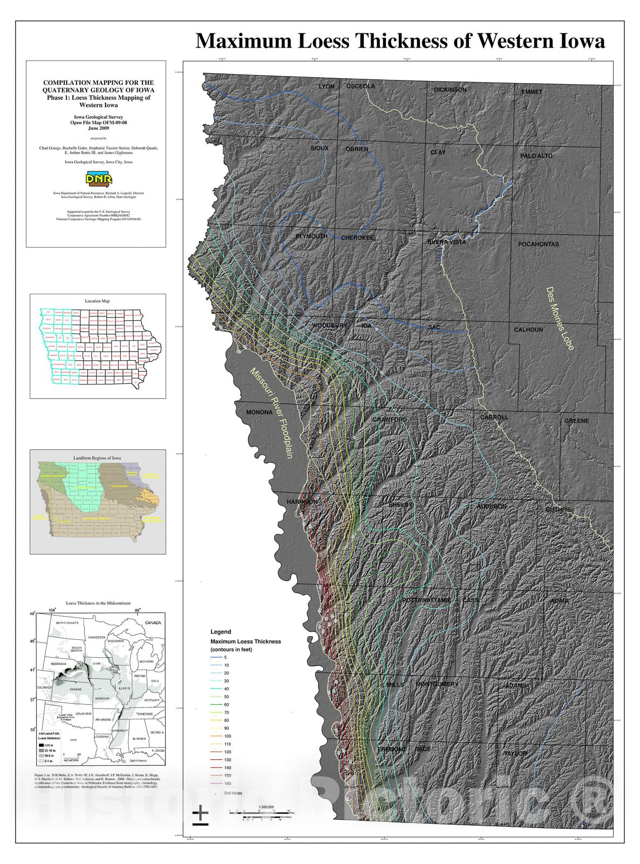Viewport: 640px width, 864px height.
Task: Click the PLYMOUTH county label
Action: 311,237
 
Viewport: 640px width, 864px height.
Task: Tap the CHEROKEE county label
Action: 357,238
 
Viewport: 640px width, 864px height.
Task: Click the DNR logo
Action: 96,179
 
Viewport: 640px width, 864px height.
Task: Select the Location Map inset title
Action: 98,301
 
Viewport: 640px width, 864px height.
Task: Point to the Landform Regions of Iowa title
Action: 97,457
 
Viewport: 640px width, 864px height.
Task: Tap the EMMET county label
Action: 532,92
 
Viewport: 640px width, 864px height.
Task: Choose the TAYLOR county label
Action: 515,753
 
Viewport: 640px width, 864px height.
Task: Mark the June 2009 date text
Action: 98,129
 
